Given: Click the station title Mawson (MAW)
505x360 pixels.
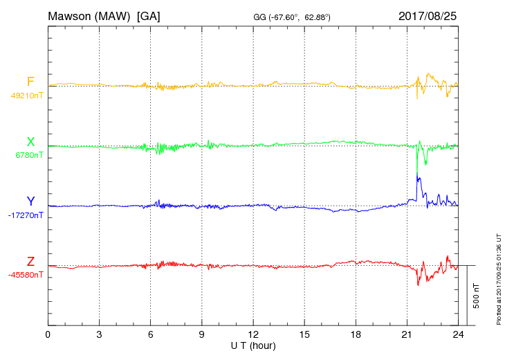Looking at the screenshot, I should click(x=89, y=16).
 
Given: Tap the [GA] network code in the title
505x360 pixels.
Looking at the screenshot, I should click(x=149, y=16).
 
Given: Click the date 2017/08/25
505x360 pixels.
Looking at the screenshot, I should click(x=428, y=16).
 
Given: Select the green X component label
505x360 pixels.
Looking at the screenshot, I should click(x=30, y=142).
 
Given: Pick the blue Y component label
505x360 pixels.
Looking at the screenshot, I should click(x=30, y=201).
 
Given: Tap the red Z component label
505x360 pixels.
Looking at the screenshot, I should click(x=30, y=262).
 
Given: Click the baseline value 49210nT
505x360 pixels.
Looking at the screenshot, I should click(x=27, y=96).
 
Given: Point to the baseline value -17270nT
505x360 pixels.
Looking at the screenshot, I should click(x=27, y=215).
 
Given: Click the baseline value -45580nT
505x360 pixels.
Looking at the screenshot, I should click(x=27, y=275).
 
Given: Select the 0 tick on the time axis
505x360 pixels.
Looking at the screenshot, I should click(x=48, y=334).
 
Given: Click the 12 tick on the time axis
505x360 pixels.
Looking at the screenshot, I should click(x=253, y=334).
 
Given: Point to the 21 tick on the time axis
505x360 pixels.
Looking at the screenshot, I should click(x=407, y=334).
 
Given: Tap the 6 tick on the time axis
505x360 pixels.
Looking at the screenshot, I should click(x=151, y=334).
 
